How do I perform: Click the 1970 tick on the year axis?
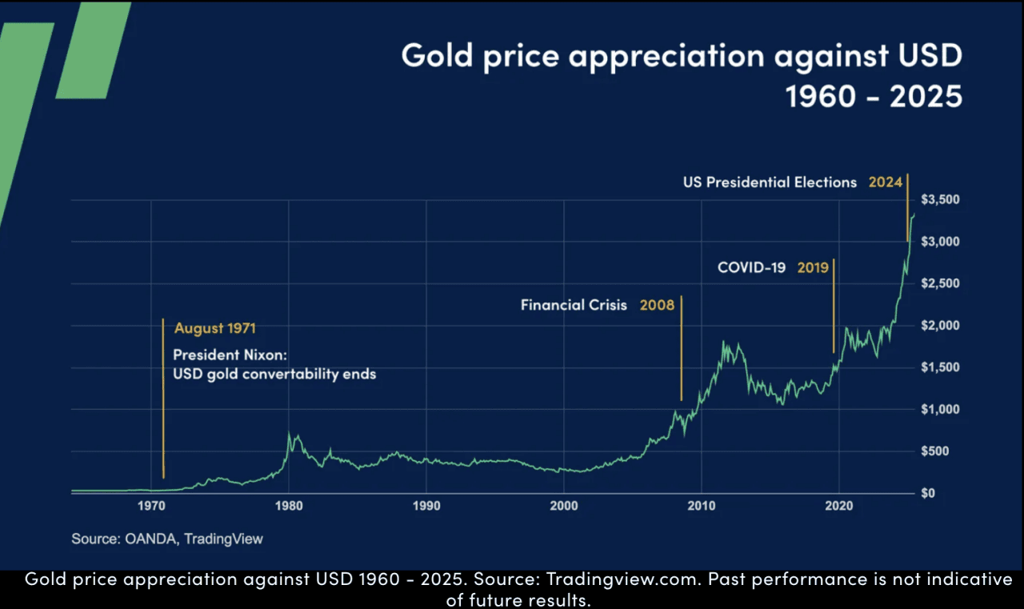coord(151,506)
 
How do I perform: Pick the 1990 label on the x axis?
coord(426,506)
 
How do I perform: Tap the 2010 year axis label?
coord(702,506)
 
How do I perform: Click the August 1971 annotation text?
coord(215,328)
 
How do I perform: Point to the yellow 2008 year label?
coord(657,305)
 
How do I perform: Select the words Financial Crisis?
coord(574,305)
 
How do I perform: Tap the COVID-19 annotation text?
coord(751,267)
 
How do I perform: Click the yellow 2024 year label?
coord(885,182)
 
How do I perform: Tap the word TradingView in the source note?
coord(223,539)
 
